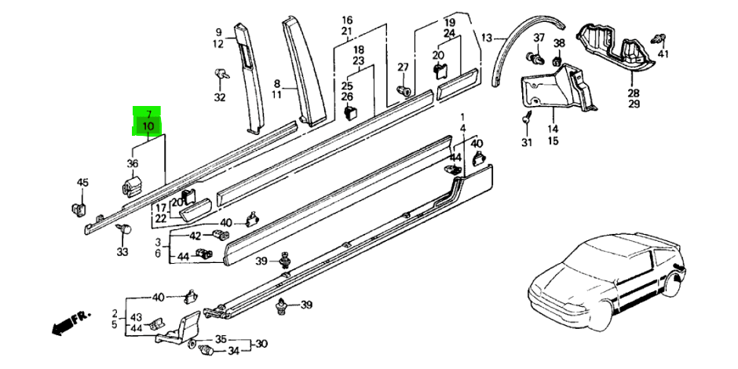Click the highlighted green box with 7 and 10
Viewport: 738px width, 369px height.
(148, 120)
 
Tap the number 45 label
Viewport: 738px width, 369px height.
(82, 183)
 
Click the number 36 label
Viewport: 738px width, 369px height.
(132, 163)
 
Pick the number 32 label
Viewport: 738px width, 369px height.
(219, 98)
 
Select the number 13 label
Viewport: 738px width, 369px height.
(487, 38)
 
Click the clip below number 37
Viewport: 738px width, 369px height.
(539, 57)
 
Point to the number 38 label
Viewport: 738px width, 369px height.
(559, 42)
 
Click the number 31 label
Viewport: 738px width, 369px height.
(526, 143)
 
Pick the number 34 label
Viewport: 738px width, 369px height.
(233, 351)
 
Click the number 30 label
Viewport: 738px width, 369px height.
(262, 344)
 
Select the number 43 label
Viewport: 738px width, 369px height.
(136, 317)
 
